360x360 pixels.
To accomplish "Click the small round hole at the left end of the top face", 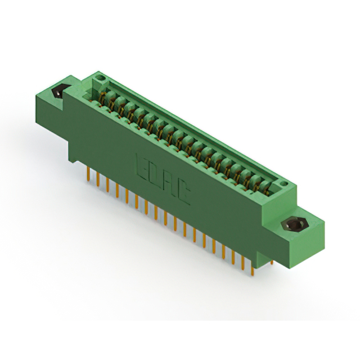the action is [99, 78].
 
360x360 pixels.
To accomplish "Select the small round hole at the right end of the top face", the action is [283, 184].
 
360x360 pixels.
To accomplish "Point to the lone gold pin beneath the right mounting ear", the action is [272, 262].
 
